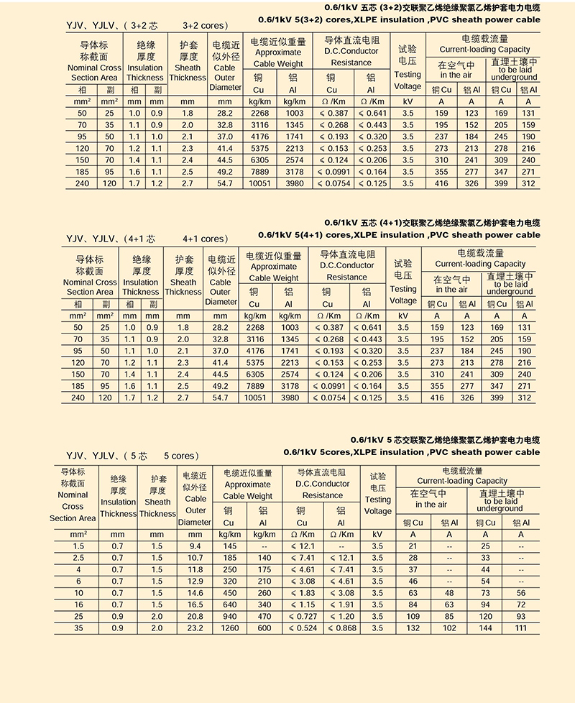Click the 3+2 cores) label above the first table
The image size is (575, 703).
205,25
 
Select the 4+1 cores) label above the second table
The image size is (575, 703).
205,239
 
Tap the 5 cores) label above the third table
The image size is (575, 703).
181,456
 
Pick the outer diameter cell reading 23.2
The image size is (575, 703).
195,628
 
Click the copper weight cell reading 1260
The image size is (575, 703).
229,628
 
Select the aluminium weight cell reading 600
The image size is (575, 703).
264,628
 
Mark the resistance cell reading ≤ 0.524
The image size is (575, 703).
302,628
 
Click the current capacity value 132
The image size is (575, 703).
413,628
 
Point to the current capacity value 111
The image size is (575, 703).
521,628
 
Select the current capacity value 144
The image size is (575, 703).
485,628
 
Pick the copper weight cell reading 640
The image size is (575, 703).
229,605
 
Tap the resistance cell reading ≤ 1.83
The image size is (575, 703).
302,593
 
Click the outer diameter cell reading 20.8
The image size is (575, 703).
195,616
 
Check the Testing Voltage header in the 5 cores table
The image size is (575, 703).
377,499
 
